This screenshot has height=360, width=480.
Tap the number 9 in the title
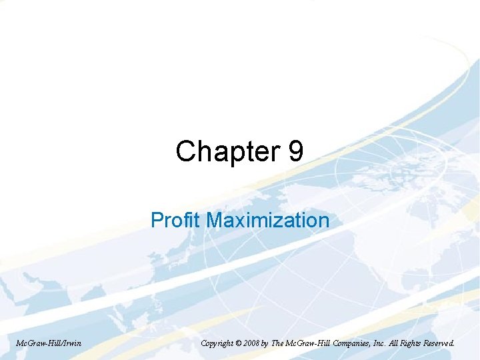(297, 151)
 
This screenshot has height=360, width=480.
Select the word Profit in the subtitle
(177, 220)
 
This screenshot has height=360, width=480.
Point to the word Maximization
(268, 220)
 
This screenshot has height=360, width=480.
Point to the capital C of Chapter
(185, 152)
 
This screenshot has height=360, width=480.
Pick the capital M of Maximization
(215, 220)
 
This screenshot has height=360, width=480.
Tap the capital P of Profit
(156, 220)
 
